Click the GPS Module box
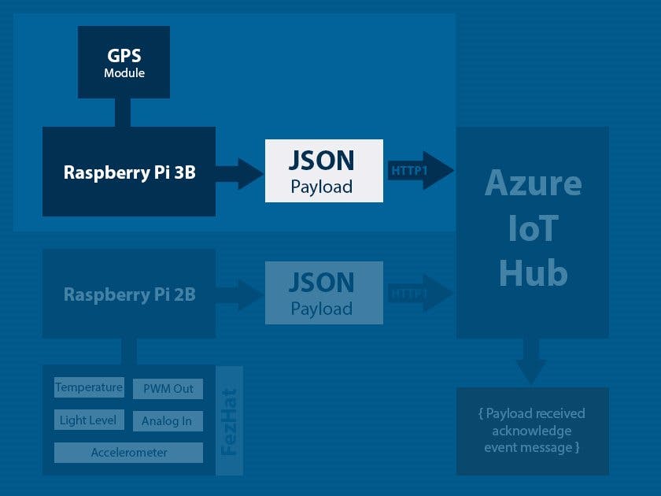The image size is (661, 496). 124,62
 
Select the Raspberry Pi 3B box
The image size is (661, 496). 129,172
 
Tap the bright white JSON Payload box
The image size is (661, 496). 323,171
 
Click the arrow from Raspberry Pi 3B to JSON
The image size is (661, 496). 241,172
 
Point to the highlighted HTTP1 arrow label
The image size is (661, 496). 408,170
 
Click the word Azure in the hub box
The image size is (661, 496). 533,183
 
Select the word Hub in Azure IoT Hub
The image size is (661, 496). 533,273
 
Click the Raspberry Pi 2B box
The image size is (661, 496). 129,294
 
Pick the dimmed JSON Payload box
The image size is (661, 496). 323,293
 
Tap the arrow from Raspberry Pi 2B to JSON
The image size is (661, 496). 241,294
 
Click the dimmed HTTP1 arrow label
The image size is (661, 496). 408,294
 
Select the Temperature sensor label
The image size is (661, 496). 89,387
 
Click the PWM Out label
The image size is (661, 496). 168,389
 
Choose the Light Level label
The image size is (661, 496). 88,420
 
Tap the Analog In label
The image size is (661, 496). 167,421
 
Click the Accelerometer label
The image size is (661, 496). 128,453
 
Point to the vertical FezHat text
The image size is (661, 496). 229,421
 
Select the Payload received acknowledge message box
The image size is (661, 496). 532,431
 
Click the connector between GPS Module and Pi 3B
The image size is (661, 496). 123,113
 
